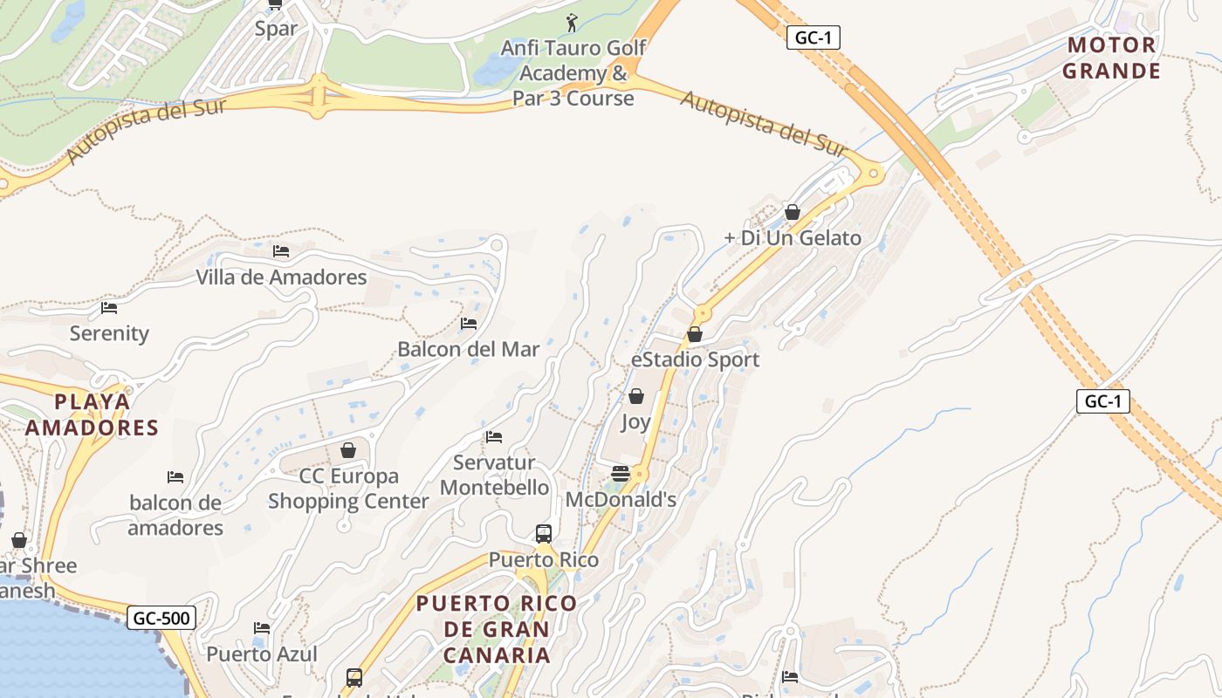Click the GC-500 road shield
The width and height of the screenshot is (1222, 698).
[162, 619]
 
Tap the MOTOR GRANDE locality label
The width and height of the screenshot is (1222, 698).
[1111, 58]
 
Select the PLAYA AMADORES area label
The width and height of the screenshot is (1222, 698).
[92, 414]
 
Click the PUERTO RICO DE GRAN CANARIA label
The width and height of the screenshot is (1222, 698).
[497, 628]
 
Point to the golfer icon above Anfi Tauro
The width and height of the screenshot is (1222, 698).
[573, 23]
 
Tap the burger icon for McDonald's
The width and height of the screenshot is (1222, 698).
[621, 474]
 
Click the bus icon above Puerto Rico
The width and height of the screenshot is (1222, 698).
[543, 533]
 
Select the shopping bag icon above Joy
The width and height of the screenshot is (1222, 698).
[636, 397]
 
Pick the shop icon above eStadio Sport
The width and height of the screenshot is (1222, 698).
[695, 334]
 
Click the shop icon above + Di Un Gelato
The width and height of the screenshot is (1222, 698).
[793, 212]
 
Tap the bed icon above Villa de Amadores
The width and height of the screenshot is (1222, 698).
[281, 251]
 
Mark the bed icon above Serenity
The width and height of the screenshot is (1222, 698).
[109, 308]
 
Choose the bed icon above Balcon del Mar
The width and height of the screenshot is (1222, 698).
[469, 324]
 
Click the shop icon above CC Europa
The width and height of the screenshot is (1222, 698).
[348, 450]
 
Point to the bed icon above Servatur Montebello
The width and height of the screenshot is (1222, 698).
[494, 437]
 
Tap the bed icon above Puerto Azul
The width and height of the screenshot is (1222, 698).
[261, 628]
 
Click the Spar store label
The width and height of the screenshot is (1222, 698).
[276, 28]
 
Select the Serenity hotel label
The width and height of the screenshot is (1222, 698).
[109, 333]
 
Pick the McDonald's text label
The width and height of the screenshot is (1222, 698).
[621, 500]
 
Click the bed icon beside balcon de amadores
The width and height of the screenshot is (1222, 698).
[175, 477]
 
